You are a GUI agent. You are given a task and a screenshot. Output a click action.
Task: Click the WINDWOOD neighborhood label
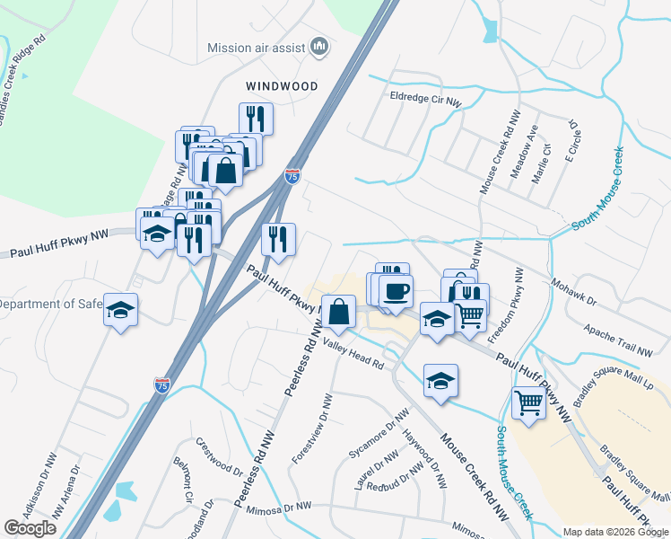pyautogui.click(x=283, y=85)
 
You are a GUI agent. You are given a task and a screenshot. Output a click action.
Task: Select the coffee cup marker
pyautogui.click(x=396, y=291)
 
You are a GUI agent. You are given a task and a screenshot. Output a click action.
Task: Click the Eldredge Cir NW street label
pyautogui.click(x=425, y=99)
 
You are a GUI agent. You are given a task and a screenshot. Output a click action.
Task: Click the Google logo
pyautogui.click(x=30, y=528)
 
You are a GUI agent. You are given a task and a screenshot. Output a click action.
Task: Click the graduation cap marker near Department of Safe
pyautogui.click(x=121, y=311)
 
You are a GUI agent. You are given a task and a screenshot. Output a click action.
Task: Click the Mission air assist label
pyautogui.click(x=258, y=48)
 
